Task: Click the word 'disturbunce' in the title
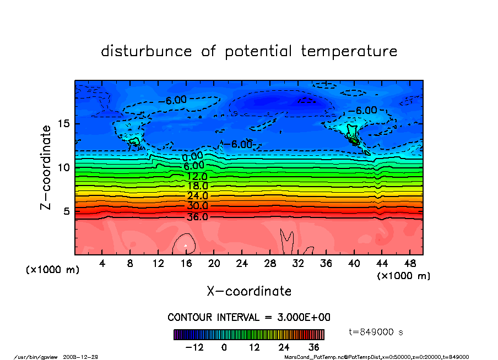(147, 52)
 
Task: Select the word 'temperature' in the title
(349, 52)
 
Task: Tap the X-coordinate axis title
(249, 291)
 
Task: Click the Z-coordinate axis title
(46, 167)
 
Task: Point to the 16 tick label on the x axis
(186, 263)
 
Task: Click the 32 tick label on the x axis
(298, 263)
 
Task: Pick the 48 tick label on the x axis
(409, 263)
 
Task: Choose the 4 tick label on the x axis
(102, 263)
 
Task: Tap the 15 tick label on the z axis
(64, 123)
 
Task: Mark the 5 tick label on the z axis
(67, 211)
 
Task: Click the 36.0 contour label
(197, 217)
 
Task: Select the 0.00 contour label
(193, 157)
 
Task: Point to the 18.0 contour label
(197, 186)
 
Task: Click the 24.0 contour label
(197, 196)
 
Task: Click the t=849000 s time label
(377, 332)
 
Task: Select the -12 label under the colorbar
(194, 347)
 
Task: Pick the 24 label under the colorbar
(284, 347)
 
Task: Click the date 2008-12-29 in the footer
(85, 357)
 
